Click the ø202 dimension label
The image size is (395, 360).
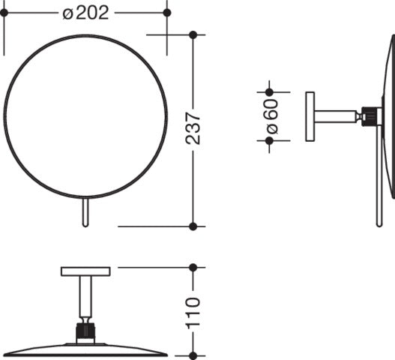[x=85, y=13]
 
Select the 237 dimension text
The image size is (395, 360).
[x=193, y=128]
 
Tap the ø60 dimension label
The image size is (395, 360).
[x=271, y=116]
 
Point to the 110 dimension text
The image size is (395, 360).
[x=193, y=313]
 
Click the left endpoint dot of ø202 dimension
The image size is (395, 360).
[x=4, y=12]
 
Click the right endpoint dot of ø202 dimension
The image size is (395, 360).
[x=167, y=12]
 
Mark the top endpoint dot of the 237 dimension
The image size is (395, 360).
[x=193, y=34]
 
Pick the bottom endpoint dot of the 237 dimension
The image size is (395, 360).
[x=193, y=226]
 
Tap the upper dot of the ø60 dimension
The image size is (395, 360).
[x=269, y=92]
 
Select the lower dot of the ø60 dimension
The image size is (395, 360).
[x=269, y=141]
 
